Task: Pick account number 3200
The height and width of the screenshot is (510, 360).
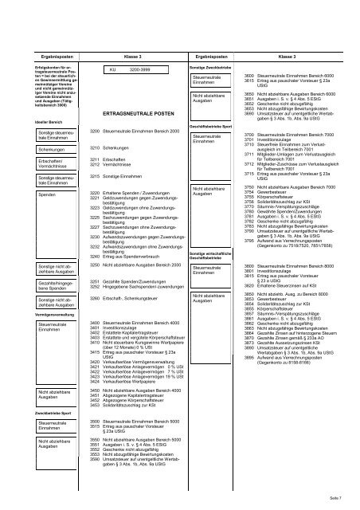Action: [x=96, y=130]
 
